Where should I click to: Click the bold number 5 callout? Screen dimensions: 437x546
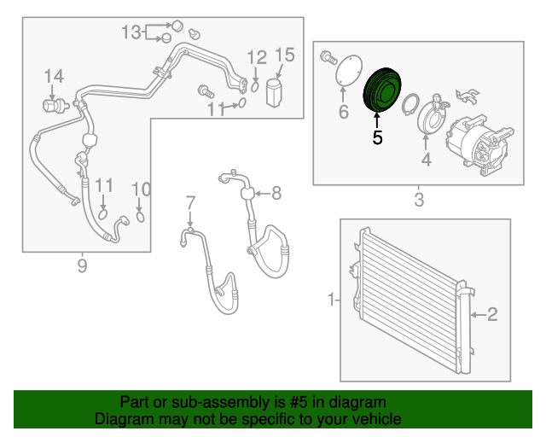(377, 136)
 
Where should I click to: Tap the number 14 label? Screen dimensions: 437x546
(54, 77)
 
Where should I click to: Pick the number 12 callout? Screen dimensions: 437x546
(257, 57)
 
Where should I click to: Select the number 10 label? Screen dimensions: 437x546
(141, 189)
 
